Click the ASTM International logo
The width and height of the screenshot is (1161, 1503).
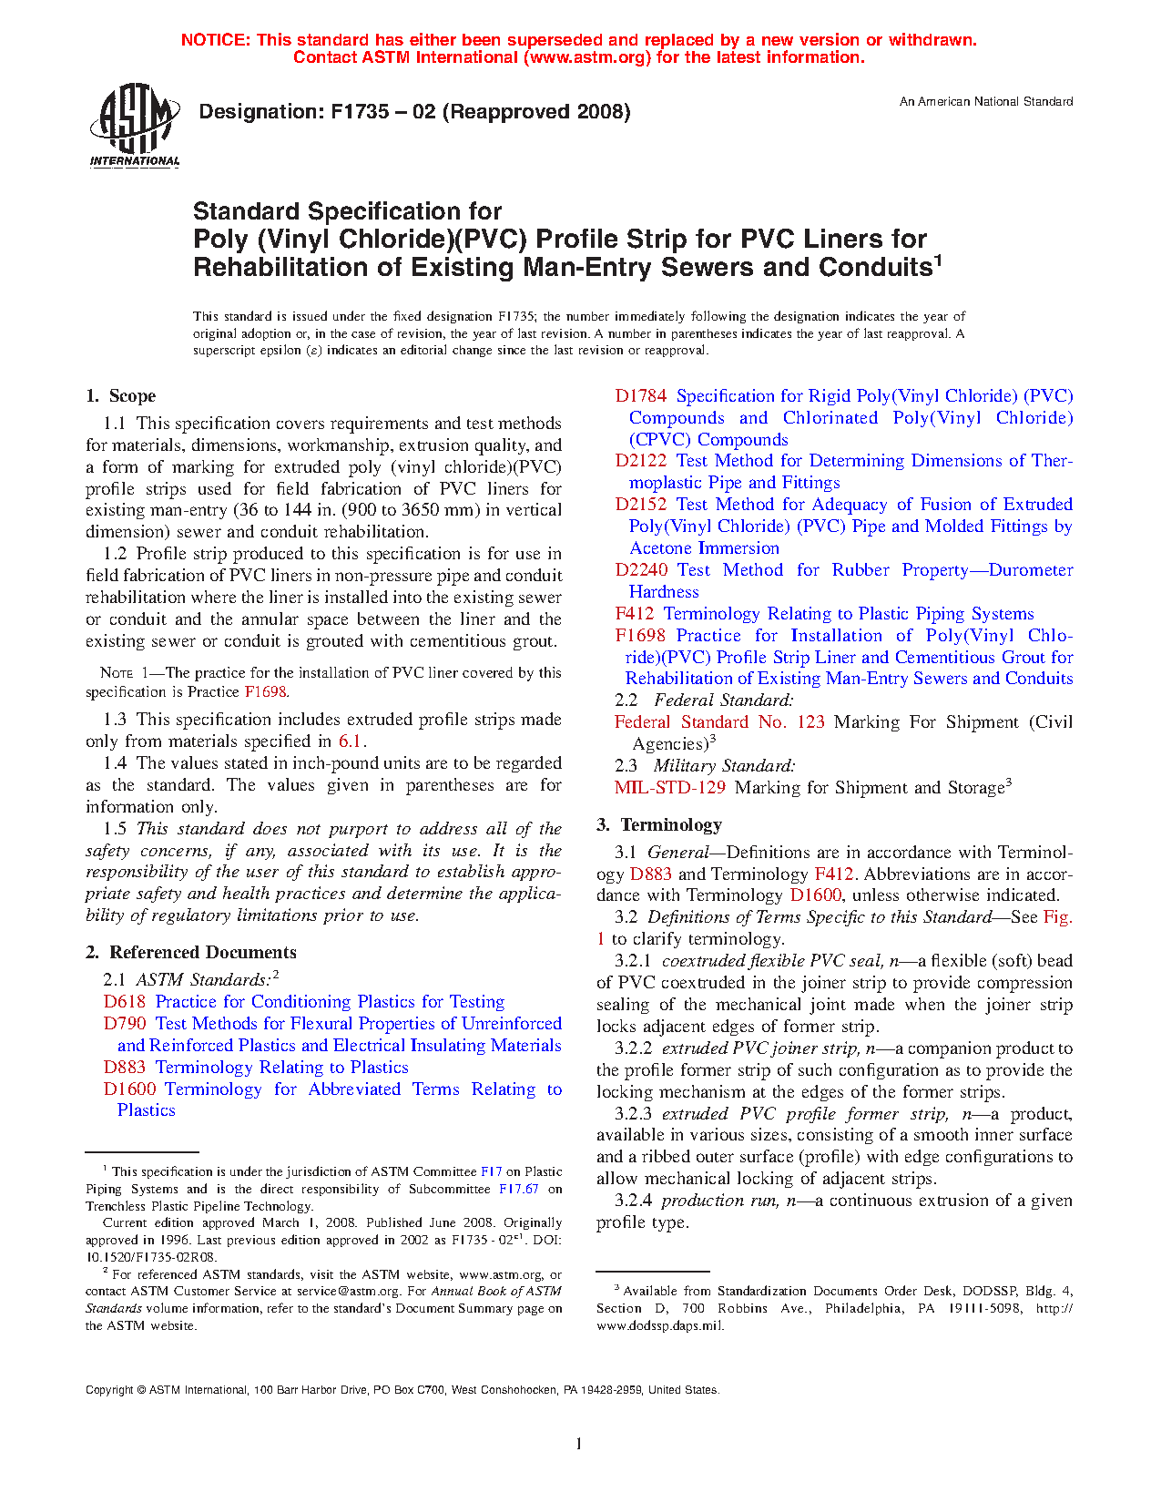click(134, 126)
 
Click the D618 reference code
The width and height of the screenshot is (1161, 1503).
click(125, 1002)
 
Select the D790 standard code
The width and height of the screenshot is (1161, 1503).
click(125, 1024)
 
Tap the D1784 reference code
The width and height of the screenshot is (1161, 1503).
click(640, 396)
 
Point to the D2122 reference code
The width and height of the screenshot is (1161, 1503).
click(640, 461)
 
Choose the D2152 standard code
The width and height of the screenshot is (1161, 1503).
click(640, 505)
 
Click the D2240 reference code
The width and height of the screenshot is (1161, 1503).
click(640, 570)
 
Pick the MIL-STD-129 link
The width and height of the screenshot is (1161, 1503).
click(669, 788)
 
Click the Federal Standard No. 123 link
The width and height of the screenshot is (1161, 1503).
click(719, 722)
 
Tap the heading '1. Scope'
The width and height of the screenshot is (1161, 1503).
click(120, 396)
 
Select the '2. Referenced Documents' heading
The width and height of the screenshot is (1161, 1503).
click(190, 953)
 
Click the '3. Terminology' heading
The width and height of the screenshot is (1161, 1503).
click(659, 825)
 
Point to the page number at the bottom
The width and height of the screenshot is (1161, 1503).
click(578, 1443)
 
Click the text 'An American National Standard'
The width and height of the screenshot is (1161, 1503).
click(986, 102)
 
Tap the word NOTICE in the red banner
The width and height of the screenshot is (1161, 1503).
click(215, 40)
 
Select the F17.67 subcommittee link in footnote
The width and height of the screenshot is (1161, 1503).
click(518, 1189)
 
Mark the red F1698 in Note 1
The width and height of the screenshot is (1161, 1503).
click(266, 692)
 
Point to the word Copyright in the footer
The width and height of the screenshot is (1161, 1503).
click(109, 1390)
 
